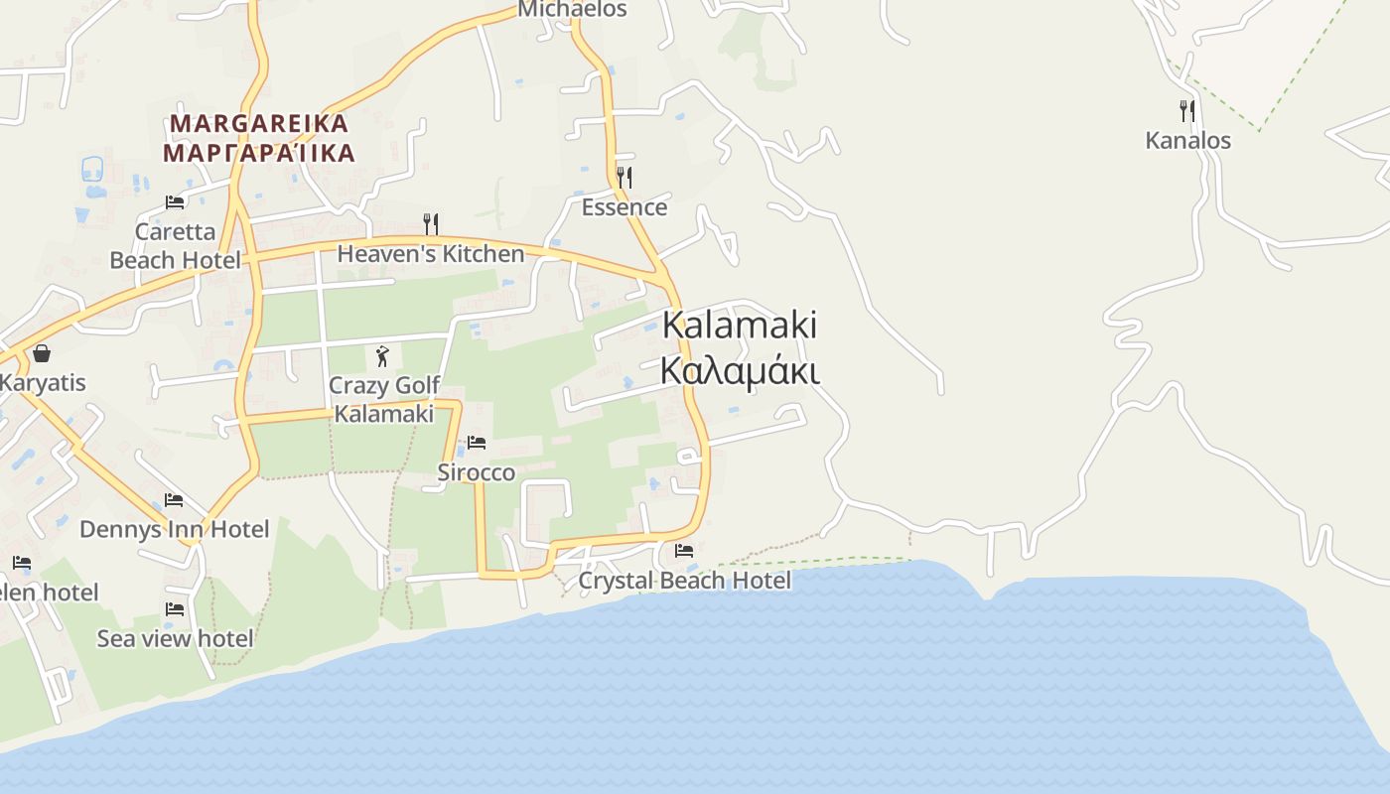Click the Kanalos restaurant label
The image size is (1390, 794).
(x=1187, y=140)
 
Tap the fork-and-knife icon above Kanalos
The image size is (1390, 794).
(x=1186, y=110)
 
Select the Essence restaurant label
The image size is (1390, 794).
(x=624, y=207)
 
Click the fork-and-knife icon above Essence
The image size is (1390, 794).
(x=624, y=178)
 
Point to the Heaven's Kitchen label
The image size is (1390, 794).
(x=430, y=254)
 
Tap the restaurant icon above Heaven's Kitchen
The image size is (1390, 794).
(x=431, y=224)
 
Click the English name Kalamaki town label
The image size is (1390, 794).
(x=739, y=325)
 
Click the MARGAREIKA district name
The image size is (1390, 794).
(x=259, y=124)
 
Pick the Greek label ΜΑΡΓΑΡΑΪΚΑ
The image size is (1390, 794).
(x=259, y=153)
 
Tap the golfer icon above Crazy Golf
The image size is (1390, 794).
(x=382, y=356)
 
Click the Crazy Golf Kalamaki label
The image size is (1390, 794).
(x=383, y=399)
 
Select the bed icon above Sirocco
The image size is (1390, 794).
(x=477, y=443)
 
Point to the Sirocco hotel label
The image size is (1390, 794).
(x=477, y=472)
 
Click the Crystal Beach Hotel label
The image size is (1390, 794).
(x=684, y=581)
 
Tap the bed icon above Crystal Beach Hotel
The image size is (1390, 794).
(x=684, y=551)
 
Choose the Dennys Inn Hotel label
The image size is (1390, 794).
(x=174, y=529)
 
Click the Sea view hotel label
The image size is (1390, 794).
(x=175, y=638)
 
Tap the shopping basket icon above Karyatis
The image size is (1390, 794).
(x=42, y=353)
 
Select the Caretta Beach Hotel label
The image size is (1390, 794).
(x=175, y=246)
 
